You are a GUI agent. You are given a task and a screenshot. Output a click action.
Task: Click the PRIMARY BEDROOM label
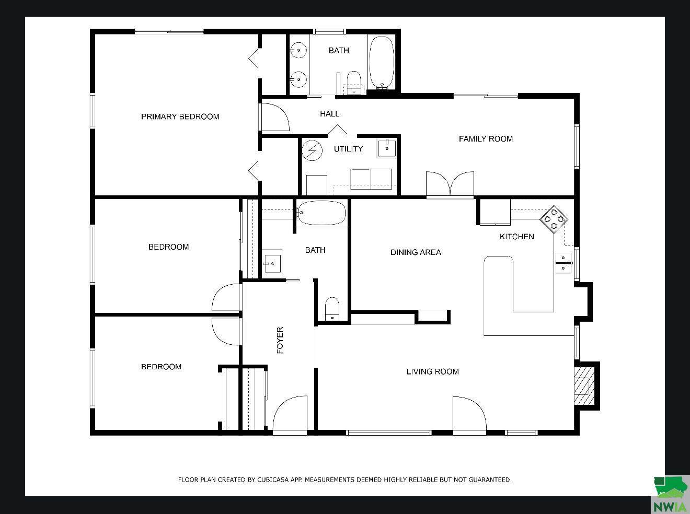tap(180, 116)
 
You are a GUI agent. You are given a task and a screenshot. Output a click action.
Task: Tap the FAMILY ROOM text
tap(486, 138)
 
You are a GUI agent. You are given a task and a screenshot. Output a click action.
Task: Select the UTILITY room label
tap(348, 149)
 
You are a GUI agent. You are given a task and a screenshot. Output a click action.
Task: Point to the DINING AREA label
tap(416, 252)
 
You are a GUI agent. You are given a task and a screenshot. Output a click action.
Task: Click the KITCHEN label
tap(516, 237)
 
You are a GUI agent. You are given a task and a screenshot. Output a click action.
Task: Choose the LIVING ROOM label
tap(432, 371)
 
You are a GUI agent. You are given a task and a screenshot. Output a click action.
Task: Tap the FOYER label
tap(280, 340)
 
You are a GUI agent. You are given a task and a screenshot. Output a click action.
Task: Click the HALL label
tap(329, 113)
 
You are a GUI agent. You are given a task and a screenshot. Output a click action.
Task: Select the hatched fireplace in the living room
tap(584, 386)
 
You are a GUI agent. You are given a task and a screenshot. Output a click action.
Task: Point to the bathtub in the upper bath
tap(382, 62)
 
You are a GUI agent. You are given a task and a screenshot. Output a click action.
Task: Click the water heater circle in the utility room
tap(313, 150)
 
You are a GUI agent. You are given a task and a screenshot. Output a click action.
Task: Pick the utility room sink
tap(387, 148)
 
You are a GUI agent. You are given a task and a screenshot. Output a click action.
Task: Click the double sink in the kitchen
tap(563, 263)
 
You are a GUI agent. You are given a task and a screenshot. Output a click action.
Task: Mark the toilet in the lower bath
tap(332, 309)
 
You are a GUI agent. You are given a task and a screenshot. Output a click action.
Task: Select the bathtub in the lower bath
tap(321, 213)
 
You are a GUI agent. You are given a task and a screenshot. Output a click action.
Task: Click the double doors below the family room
tap(450, 184)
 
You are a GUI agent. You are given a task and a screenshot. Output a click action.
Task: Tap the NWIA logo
tap(671, 494)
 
